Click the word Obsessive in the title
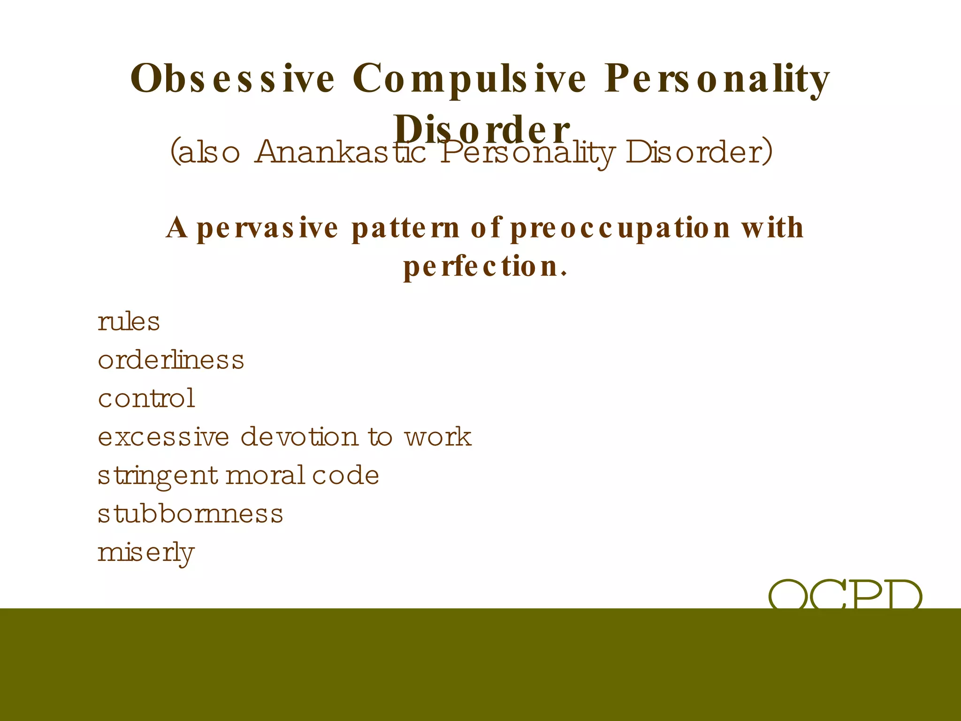click(x=232, y=79)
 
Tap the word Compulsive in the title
click(x=469, y=79)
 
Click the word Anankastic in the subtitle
click(x=340, y=153)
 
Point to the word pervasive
click(x=267, y=228)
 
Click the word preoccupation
click(x=620, y=228)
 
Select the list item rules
click(x=129, y=322)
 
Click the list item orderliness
click(x=171, y=360)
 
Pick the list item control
click(x=146, y=399)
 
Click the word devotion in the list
click(x=299, y=437)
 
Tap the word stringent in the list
click(x=158, y=476)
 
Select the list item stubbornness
click(x=190, y=514)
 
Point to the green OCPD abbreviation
click(x=845, y=594)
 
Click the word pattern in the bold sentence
click(x=405, y=228)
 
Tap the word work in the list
click(x=438, y=437)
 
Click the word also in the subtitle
click(x=205, y=153)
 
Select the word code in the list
click(x=345, y=476)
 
